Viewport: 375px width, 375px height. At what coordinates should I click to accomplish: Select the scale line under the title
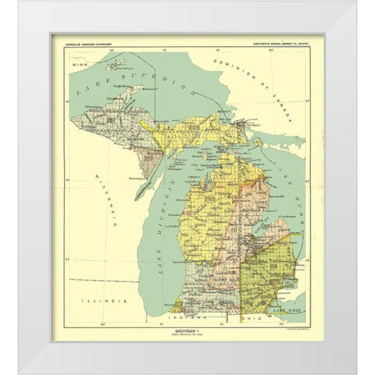[187, 337]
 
